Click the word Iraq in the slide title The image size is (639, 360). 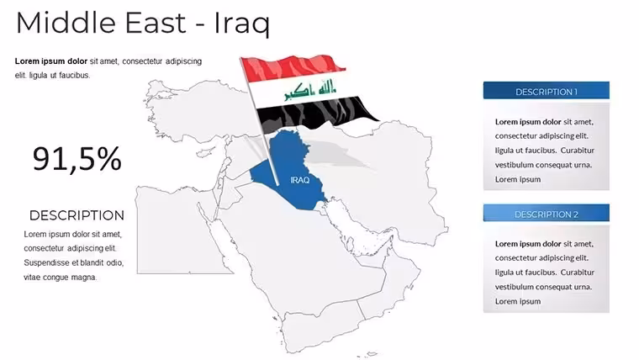pyautogui.click(x=241, y=24)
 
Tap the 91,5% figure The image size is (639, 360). pyautogui.click(x=77, y=159)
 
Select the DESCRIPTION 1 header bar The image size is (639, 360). pyautogui.click(x=546, y=91)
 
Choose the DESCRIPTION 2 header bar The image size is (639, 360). pyautogui.click(x=546, y=213)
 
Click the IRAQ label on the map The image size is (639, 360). pyautogui.click(x=300, y=180)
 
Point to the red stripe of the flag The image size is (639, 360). pyautogui.click(x=292, y=67)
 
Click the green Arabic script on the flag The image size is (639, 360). pyautogui.click(x=310, y=90)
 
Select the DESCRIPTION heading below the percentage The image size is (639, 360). pyautogui.click(x=77, y=215)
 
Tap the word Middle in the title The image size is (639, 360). pyautogui.click(x=66, y=23)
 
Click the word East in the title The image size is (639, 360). pyautogui.click(x=156, y=23)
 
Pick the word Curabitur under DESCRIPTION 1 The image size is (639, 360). pyautogui.click(x=577, y=150)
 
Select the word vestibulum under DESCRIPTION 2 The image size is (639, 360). pyautogui.click(x=514, y=287)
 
